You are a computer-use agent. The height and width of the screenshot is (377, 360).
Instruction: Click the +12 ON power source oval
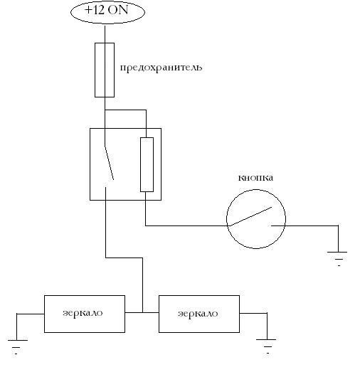107,12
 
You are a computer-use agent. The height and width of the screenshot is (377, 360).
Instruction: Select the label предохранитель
161,68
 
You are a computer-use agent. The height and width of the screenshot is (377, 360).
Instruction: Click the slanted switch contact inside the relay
109,162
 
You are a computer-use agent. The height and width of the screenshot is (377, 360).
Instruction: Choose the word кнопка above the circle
255,178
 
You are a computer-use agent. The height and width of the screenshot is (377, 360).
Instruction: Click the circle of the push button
227,219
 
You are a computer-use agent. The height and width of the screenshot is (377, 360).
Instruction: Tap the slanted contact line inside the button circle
250,216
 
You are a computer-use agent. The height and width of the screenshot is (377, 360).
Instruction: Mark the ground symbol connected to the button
337,258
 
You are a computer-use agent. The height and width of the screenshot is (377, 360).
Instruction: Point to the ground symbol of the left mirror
18,347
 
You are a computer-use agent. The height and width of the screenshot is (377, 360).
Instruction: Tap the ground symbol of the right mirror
266,346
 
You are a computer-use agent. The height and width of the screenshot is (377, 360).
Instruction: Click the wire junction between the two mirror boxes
142,312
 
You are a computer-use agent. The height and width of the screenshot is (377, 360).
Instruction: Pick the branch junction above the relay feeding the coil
105,110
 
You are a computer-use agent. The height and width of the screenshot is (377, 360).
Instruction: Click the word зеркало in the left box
83,313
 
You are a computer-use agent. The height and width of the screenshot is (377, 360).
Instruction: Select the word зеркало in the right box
198,314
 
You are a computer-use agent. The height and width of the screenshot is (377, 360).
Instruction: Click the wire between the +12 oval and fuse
105,33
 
